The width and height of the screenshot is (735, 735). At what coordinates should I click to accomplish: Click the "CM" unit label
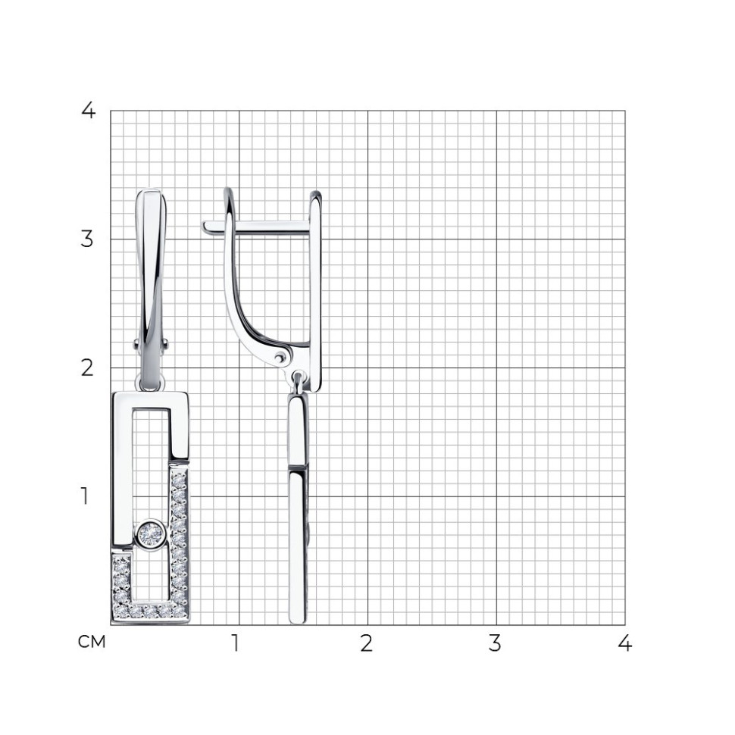click(92, 642)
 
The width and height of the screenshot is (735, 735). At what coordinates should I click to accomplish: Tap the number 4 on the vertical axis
click(88, 111)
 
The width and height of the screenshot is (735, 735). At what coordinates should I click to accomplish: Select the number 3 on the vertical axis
click(87, 239)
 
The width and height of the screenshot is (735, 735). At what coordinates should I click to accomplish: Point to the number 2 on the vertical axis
click(87, 368)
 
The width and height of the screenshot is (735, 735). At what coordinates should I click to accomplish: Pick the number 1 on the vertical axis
click(85, 496)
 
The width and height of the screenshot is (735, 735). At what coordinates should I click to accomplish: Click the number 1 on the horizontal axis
click(236, 643)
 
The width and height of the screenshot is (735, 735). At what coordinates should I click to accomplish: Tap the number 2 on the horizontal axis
click(367, 643)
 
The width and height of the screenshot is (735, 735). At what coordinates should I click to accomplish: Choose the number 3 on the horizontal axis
click(495, 643)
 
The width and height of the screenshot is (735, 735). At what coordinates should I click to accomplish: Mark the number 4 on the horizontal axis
click(624, 643)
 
